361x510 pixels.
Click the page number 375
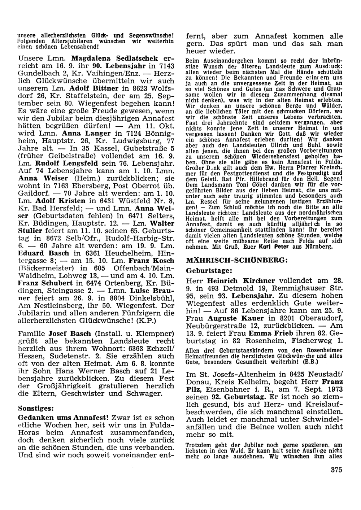pos(336,470)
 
